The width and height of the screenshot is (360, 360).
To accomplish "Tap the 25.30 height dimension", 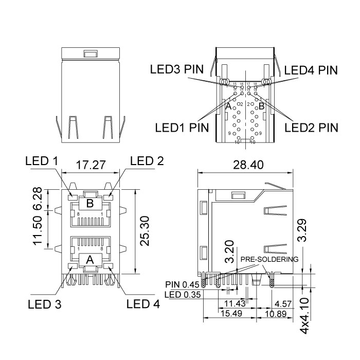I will tap(145, 231).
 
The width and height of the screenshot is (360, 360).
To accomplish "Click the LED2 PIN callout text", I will tap(311, 127).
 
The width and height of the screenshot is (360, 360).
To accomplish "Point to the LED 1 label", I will tap(41, 161).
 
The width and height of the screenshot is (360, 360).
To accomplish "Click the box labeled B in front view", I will tap(90, 203).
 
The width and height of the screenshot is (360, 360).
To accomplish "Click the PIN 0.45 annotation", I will tap(182, 284).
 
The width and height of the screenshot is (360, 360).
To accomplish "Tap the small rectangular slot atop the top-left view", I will tap(90, 53).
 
